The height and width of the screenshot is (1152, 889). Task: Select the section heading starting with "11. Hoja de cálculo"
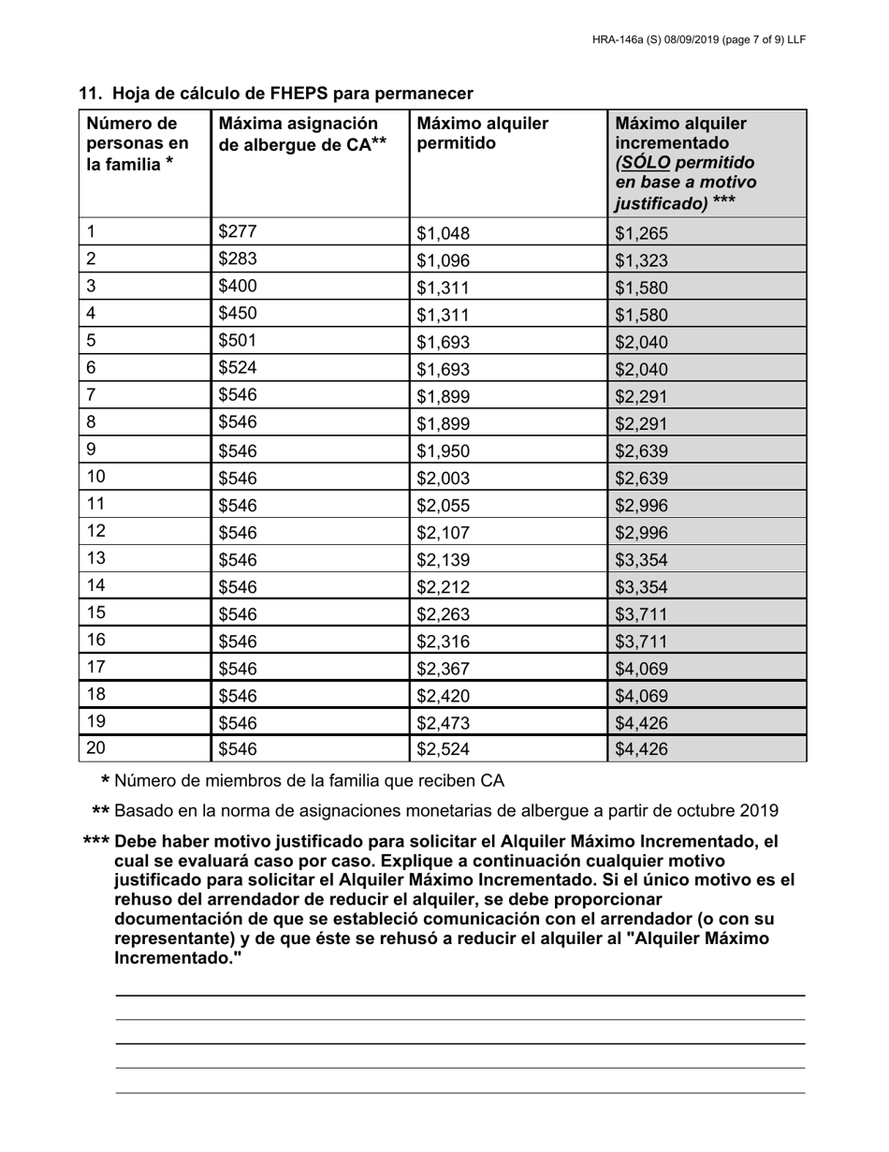point(276,94)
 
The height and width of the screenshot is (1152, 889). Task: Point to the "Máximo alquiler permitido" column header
point(482,133)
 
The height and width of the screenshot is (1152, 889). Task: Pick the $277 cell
point(237,232)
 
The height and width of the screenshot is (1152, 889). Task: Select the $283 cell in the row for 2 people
point(237,259)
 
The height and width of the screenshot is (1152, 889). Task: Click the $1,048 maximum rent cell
point(443,234)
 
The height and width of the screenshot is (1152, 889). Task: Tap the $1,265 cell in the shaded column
point(641,234)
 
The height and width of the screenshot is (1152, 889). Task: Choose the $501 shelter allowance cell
point(237,341)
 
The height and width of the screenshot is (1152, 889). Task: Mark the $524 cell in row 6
point(237,368)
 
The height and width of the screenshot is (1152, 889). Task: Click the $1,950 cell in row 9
point(443,451)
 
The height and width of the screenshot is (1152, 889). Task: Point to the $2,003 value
point(443,479)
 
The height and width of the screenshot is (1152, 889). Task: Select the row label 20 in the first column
point(95,747)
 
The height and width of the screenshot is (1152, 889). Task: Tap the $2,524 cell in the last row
point(443,749)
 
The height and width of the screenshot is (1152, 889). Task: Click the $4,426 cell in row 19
point(641,722)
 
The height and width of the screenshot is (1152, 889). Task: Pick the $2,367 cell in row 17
point(443,669)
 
